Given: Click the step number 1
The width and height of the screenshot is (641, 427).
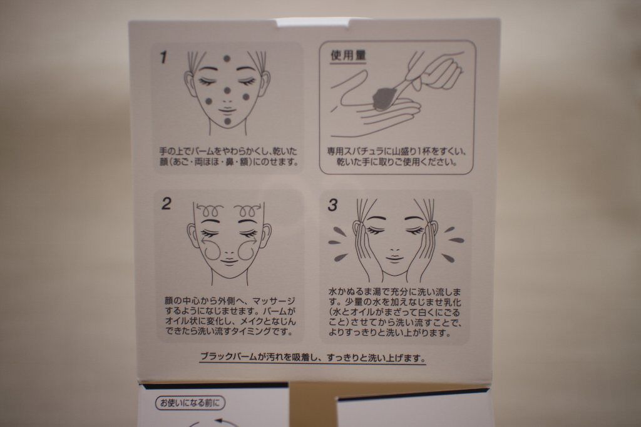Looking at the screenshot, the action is [x=163, y=57].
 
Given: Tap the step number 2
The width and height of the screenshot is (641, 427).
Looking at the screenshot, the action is [x=166, y=204].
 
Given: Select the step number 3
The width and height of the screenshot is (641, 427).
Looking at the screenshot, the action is [x=332, y=205].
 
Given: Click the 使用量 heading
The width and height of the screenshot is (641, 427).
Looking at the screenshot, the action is [x=348, y=56].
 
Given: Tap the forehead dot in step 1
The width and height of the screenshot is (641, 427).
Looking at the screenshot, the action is [x=227, y=59].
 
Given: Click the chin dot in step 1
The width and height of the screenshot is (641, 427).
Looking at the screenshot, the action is [x=227, y=121].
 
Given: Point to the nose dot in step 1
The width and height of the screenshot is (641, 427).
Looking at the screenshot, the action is [x=227, y=90].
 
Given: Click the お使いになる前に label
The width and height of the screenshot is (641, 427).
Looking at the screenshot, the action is [x=190, y=403].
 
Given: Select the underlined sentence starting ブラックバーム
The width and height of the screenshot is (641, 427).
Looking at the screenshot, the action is [x=313, y=358].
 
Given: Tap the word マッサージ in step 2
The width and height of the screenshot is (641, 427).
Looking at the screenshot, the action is [x=274, y=301].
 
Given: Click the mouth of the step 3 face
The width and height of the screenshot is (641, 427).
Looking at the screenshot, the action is [x=394, y=258].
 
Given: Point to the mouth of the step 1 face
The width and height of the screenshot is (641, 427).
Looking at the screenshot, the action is [x=226, y=110].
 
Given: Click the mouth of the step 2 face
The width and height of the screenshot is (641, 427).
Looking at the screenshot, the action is [x=229, y=261].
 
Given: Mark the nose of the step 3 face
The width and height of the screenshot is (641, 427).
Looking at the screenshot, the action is [x=396, y=248].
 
